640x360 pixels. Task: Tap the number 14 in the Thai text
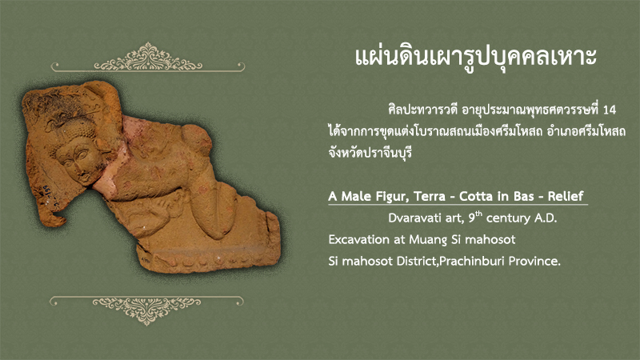(609, 110)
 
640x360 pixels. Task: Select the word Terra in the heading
(429, 196)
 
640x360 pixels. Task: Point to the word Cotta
(475, 196)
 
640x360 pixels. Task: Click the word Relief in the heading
(566, 196)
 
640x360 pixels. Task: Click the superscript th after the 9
(478, 214)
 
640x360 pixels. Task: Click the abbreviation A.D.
(546, 218)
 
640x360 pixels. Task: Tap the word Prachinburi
(472, 261)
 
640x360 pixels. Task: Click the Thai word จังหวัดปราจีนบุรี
(370, 153)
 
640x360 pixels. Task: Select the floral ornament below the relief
(146, 309)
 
